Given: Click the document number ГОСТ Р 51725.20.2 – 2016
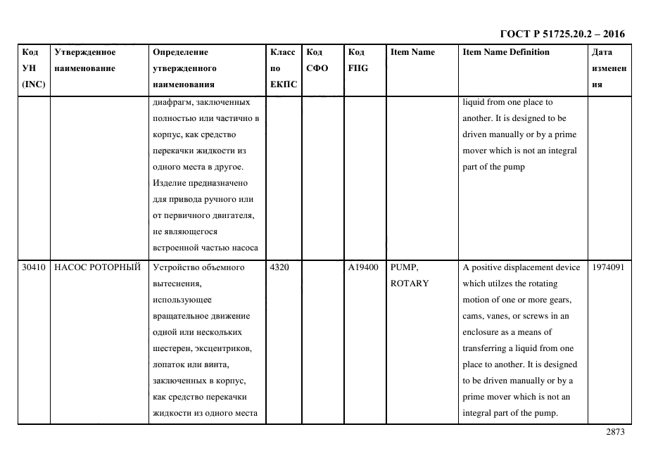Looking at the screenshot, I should [x=562, y=34].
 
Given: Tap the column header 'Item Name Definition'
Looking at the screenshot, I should [x=506, y=52].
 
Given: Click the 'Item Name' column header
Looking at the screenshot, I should [x=412, y=52].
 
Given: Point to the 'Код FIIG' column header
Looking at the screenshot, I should [x=358, y=60].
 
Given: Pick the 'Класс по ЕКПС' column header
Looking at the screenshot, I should [x=283, y=68].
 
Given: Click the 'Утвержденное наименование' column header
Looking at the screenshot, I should [x=85, y=60].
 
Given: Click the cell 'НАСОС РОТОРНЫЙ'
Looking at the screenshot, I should [x=97, y=267].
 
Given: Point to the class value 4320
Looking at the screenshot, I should [x=279, y=267].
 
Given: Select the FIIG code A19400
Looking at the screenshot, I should [x=363, y=267].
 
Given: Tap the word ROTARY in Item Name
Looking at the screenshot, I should [x=409, y=284].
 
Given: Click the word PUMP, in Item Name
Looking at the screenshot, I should [x=404, y=267].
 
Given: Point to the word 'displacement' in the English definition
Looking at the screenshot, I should [x=526, y=267].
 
